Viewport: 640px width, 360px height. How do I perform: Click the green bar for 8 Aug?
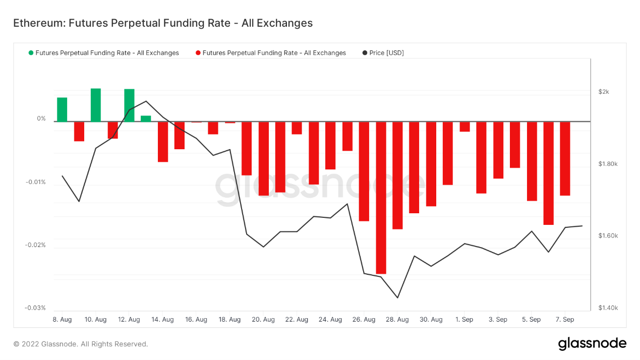[x=62, y=109]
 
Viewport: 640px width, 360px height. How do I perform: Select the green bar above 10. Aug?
[x=96, y=105]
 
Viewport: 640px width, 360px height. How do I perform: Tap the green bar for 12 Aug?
[x=129, y=105]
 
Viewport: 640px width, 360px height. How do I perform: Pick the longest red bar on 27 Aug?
[x=381, y=198]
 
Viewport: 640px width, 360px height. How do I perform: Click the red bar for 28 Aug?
[x=397, y=175]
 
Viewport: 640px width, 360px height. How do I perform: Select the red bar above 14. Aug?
[x=163, y=142]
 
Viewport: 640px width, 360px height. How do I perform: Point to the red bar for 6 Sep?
[x=548, y=173]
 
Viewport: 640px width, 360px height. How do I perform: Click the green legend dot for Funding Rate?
[x=31, y=53]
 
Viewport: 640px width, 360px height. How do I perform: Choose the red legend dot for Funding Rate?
[x=198, y=53]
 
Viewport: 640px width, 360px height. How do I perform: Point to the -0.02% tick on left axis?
[x=36, y=245]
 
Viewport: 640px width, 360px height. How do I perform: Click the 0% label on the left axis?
[x=41, y=119]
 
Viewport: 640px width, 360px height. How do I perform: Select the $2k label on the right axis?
[x=604, y=92]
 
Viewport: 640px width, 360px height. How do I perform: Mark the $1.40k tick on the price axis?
[x=608, y=308]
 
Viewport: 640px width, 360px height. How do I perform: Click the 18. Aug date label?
[x=229, y=320]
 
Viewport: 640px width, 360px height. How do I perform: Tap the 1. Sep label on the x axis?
[x=464, y=320]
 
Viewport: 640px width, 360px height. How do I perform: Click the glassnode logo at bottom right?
[x=592, y=344]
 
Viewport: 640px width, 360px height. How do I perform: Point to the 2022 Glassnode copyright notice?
[x=81, y=344]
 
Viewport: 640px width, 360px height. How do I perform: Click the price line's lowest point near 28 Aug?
[x=397, y=297]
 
